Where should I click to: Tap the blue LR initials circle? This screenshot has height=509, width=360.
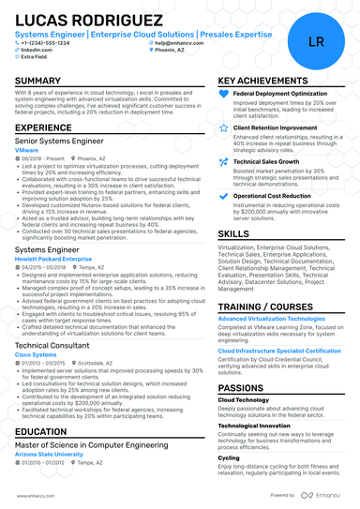316,42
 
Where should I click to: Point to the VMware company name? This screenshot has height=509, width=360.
27,149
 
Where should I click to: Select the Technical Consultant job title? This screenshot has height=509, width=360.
52,346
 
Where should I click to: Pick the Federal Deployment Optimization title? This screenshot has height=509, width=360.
279,95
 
